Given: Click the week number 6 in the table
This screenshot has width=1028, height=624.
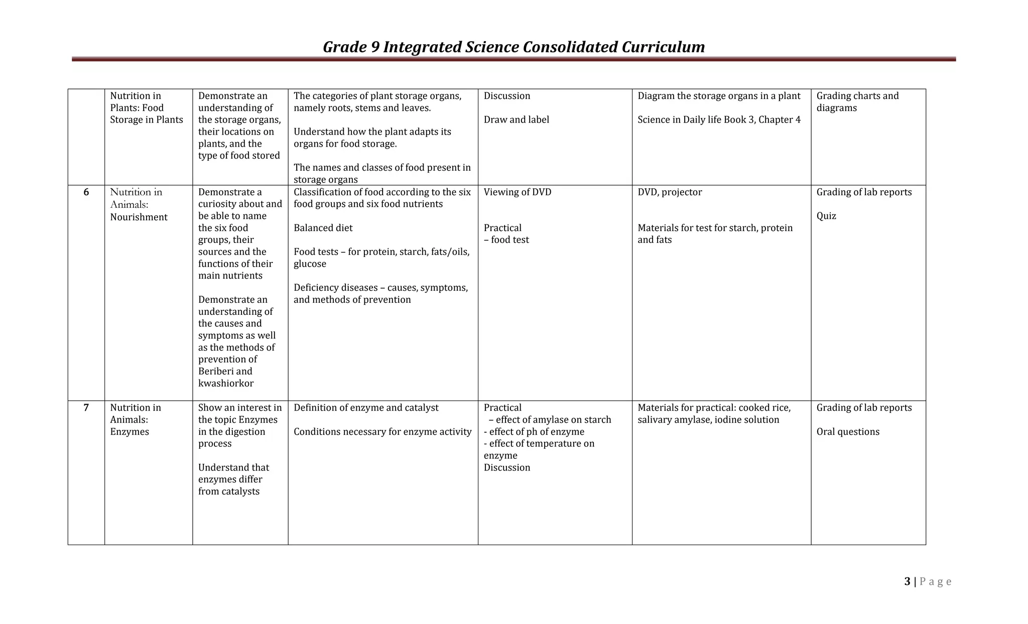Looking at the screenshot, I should pyautogui.click(x=86, y=192).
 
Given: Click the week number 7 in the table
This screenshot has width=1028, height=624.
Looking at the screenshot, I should pyautogui.click(x=86, y=408).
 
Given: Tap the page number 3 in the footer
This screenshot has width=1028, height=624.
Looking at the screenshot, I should pyautogui.click(x=907, y=581).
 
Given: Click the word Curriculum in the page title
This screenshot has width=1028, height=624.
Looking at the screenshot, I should pyautogui.click(x=663, y=47).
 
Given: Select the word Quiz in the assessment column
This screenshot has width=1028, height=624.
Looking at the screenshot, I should pyautogui.click(x=826, y=216).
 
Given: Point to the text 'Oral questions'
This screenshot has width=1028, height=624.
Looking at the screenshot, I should pyautogui.click(x=848, y=432).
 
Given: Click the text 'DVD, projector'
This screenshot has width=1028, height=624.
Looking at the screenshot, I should pyautogui.click(x=670, y=192).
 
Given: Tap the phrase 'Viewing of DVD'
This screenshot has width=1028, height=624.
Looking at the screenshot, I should pyautogui.click(x=517, y=192).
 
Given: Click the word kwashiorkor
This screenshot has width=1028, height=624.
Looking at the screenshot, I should pyautogui.click(x=226, y=384).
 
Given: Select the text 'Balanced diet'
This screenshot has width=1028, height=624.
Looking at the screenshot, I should pyautogui.click(x=323, y=228).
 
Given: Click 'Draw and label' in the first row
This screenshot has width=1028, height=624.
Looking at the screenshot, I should pyautogui.click(x=516, y=119).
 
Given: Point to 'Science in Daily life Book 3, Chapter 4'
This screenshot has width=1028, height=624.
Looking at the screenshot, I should pyautogui.click(x=719, y=119).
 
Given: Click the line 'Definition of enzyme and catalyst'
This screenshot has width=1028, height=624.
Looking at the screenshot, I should pyautogui.click(x=365, y=408).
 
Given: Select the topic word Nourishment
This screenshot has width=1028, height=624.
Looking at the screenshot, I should pyautogui.click(x=139, y=217).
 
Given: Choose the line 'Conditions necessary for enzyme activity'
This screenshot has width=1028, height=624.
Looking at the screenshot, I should pyautogui.click(x=382, y=432).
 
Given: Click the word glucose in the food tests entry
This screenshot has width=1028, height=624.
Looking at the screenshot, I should pyautogui.click(x=310, y=264).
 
